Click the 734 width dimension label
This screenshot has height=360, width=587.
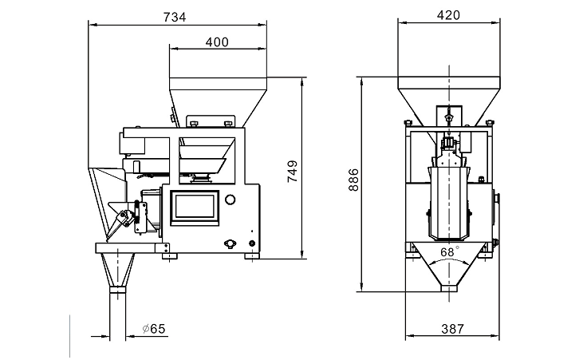click(175, 18)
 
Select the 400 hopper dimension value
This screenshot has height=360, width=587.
click(217, 42)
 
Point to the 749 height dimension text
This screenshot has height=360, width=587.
click(293, 171)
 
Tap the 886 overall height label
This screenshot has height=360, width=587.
click(353, 180)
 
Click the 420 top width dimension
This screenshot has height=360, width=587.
click(448, 15)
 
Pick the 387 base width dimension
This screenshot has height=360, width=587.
click(452, 329)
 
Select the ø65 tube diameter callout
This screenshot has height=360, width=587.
click(154, 329)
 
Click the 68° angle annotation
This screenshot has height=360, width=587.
click(449, 251)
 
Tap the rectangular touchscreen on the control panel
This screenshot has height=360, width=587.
click(195, 208)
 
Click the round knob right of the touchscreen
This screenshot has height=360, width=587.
click(230, 199)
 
